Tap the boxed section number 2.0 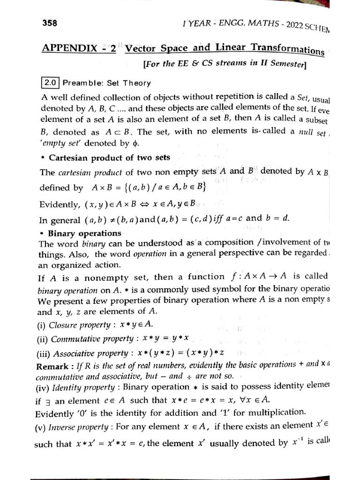coord(50,83)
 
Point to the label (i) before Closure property coord(41,324)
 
